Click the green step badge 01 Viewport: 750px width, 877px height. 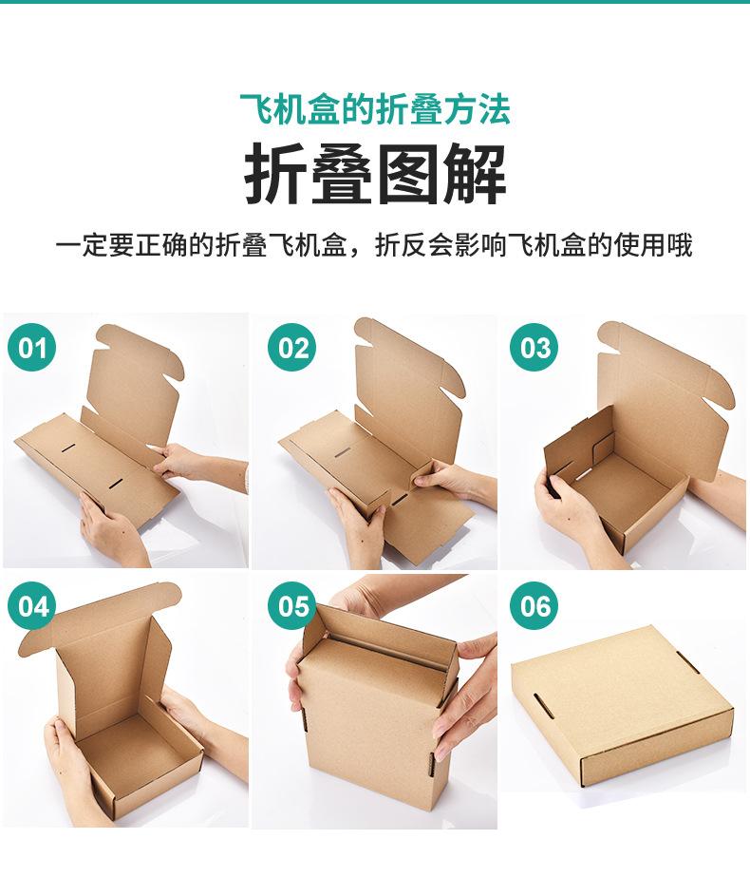pyautogui.click(x=33, y=348)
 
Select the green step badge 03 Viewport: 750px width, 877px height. pyautogui.click(x=535, y=348)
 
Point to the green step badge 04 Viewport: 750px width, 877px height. pyautogui.click(x=33, y=605)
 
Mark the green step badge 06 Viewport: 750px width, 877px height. pyautogui.click(x=535, y=605)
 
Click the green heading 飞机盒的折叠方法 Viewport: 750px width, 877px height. pyautogui.click(x=375, y=109)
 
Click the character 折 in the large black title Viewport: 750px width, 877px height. pyautogui.click(x=277, y=176)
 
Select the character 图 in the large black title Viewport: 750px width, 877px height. pyautogui.click(x=408, y=176)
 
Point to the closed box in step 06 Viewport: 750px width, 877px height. pyautogui.click(x=622, y=708)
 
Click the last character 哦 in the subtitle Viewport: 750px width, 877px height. pyautogui.click(x=680, y=245)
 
